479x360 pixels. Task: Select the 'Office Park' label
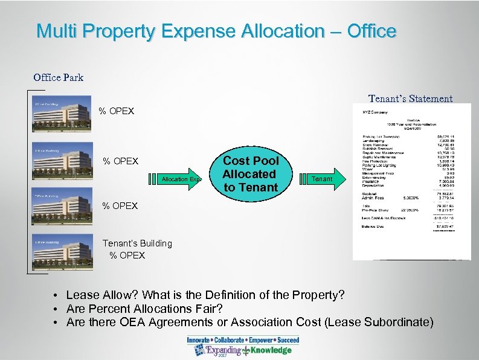[59, 77]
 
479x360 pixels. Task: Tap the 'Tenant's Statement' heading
[410, 98]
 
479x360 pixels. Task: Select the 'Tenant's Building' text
[137, 243]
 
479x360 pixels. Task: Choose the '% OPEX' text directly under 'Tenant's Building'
[127, 256]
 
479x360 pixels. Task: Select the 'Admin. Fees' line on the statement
[375, 197]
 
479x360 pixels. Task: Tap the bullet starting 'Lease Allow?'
[205, 295]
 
